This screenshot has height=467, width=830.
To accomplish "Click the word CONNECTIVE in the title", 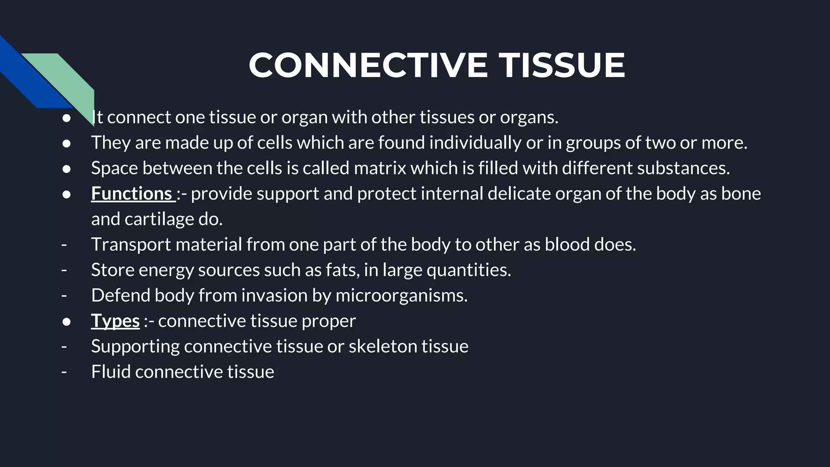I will [x=368, y=65].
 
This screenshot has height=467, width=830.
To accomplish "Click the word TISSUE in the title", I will [x=562, y=65].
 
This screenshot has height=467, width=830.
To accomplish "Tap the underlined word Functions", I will [x=132, y=193].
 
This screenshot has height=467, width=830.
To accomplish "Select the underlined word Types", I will [x=115, y=321].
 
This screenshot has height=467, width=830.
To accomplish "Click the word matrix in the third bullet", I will [x=380, y=168].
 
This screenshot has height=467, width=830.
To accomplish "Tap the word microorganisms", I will [x=401, y=296].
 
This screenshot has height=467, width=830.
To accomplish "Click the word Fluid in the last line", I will [x=111, y=372].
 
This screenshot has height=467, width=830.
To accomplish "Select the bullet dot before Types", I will [x=66, y=321].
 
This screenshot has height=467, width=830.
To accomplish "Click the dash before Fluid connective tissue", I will [x=64, y=372].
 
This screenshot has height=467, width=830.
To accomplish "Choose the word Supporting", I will [x=135, y=347].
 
